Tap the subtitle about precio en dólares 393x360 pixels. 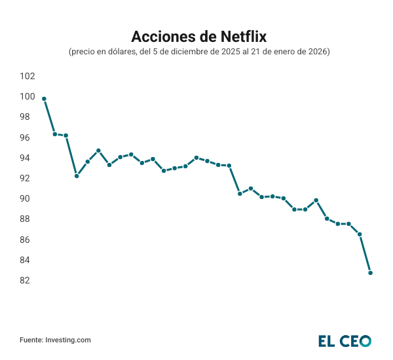click(x=199, y=51)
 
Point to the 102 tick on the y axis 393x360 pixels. click(x=28, y=76)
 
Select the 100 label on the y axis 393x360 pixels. click(x=28, y=96)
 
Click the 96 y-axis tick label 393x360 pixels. click(x=28, y=137)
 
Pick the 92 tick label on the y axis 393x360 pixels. click(x=28, y=178)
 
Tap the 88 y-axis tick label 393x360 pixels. click(x=28, y=219)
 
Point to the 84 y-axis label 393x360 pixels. click(x=28, y=260)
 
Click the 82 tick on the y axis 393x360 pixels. click(x=28, y=280)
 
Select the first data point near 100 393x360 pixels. click(x=44, y=99)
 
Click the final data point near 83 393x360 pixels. click(x=371, y=273)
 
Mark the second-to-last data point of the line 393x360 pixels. click(x=360, y=234)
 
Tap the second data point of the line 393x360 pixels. click(x=55, y=134)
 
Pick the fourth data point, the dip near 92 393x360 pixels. click(x=77, y=176)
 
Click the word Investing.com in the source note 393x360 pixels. click(x=68, y=340)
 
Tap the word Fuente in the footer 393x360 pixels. click(x=31, y=340)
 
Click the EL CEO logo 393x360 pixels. click(x=345, y=340)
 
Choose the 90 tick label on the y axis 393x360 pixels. click(x=28, y=198)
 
